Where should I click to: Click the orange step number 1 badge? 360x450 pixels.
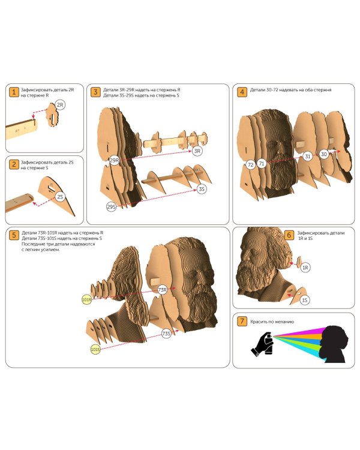[x=13, y=92]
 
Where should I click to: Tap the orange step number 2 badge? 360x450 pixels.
[x=13, y=164]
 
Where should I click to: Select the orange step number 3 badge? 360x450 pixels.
[x=95, y=92]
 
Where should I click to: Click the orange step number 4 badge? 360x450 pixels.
[x=242, y=92]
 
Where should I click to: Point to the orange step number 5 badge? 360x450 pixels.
[x=13, y=235]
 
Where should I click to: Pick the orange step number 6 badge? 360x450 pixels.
[x=289, y=235]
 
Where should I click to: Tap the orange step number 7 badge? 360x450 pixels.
[x=242, y=321]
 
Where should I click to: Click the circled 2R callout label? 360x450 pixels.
[x=60, y=105]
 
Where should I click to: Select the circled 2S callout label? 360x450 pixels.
[x=60, y=197]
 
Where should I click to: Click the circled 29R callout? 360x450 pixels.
[x=114, y=160]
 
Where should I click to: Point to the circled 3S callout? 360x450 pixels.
[x=202, y=189]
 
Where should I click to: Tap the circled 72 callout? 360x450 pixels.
[x=251, y=165]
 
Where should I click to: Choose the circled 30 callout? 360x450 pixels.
[x=324, y=154]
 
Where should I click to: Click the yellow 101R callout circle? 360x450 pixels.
[x=86, y=300]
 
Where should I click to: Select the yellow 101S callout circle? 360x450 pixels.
[x=95, y=350]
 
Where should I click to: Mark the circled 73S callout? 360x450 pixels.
[x=166, y=334]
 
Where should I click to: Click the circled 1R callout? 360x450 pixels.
[x=305, y=268]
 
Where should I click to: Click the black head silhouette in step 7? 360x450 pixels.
[x=335, y=344]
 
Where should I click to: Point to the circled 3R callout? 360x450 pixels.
[x=197, y=151]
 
